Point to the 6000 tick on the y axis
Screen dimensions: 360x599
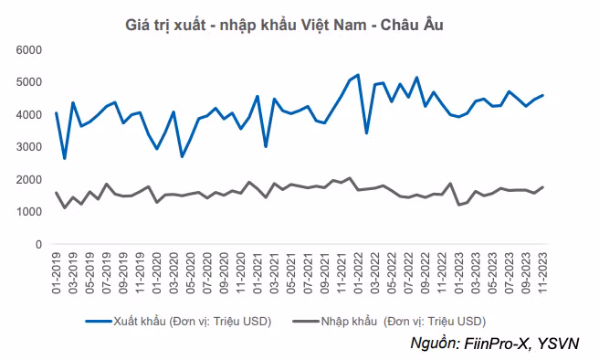click(x=30, y=48)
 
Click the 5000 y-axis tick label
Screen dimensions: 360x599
click(x=30, y=81)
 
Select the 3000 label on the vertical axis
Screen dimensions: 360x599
click(x=30, y=146)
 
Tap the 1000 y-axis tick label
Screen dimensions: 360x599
click(x=30, y=212)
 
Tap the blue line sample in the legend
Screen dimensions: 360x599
click(x=99, y=321)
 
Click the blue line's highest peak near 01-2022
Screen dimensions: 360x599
click(x=358, y=75)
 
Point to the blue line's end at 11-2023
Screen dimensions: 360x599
click(x=543, y=95)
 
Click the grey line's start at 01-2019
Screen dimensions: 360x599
click(x=57, y=193)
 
